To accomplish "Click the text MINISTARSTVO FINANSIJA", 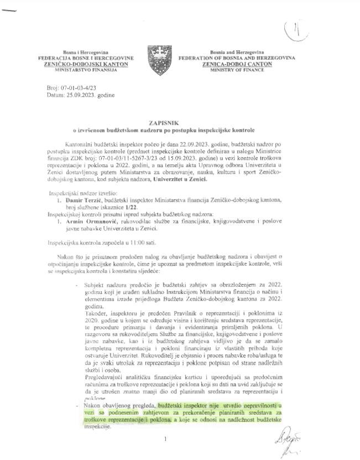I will (x=86, y=71).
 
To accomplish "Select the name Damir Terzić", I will (x=84, y=213).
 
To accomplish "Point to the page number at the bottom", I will (x=165, y=440).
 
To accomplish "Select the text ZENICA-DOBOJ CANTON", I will (x=239, y=64).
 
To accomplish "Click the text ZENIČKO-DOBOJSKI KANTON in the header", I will (x=86, y=64).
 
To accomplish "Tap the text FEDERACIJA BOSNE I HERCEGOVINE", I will (x=86, y=58).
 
